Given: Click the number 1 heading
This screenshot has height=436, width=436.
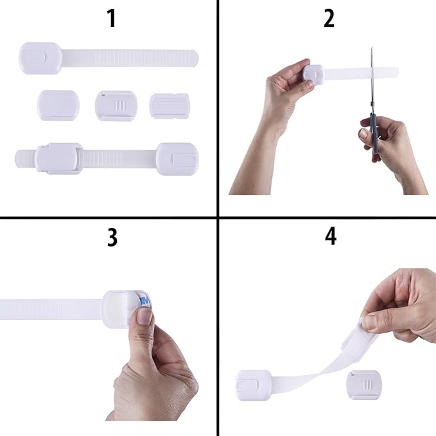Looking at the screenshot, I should (x=112, y=19).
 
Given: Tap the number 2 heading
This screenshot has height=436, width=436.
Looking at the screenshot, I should (x=329, y=19).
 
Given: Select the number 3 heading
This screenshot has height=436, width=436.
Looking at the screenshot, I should (x=112, y=237).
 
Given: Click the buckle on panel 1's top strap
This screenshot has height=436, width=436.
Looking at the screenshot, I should (x=40, y=58).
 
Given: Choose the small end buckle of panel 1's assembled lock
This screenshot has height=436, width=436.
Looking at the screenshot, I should (x=177, y=158).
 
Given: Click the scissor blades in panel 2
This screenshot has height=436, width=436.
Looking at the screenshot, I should (x=371, y=77).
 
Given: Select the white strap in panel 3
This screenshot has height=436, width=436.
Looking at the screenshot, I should (x=51, y=309).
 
